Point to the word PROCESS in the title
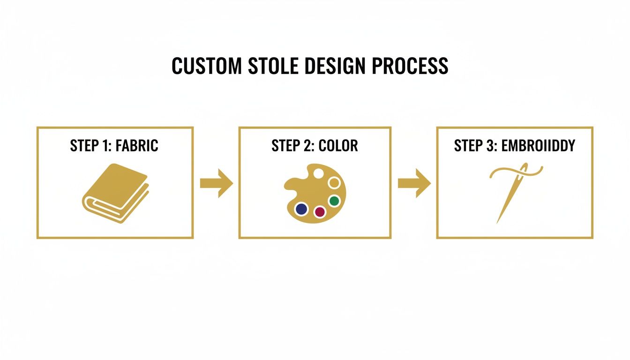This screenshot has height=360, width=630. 410,67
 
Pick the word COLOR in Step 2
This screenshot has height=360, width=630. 338,146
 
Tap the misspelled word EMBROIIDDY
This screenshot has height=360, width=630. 538,146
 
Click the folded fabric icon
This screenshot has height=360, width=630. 115,193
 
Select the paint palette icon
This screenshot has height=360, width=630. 315,193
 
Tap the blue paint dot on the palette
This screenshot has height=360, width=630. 301,209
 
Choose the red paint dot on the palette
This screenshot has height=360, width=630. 320,212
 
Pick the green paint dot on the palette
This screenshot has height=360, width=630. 334,201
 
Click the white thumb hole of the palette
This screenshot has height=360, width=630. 318,173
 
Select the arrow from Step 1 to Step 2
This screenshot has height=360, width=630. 216,183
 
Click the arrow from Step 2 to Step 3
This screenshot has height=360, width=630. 414,183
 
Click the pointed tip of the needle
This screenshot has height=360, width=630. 498,222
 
